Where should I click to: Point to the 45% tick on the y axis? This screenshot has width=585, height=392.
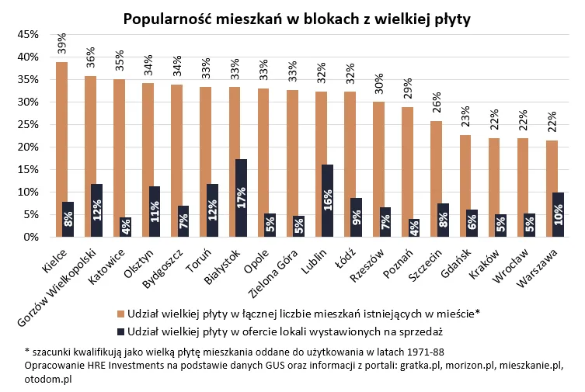click(28, 35)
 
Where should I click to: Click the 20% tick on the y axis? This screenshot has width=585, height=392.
click(28, 147)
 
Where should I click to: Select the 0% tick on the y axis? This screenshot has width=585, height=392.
click(31, 238)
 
